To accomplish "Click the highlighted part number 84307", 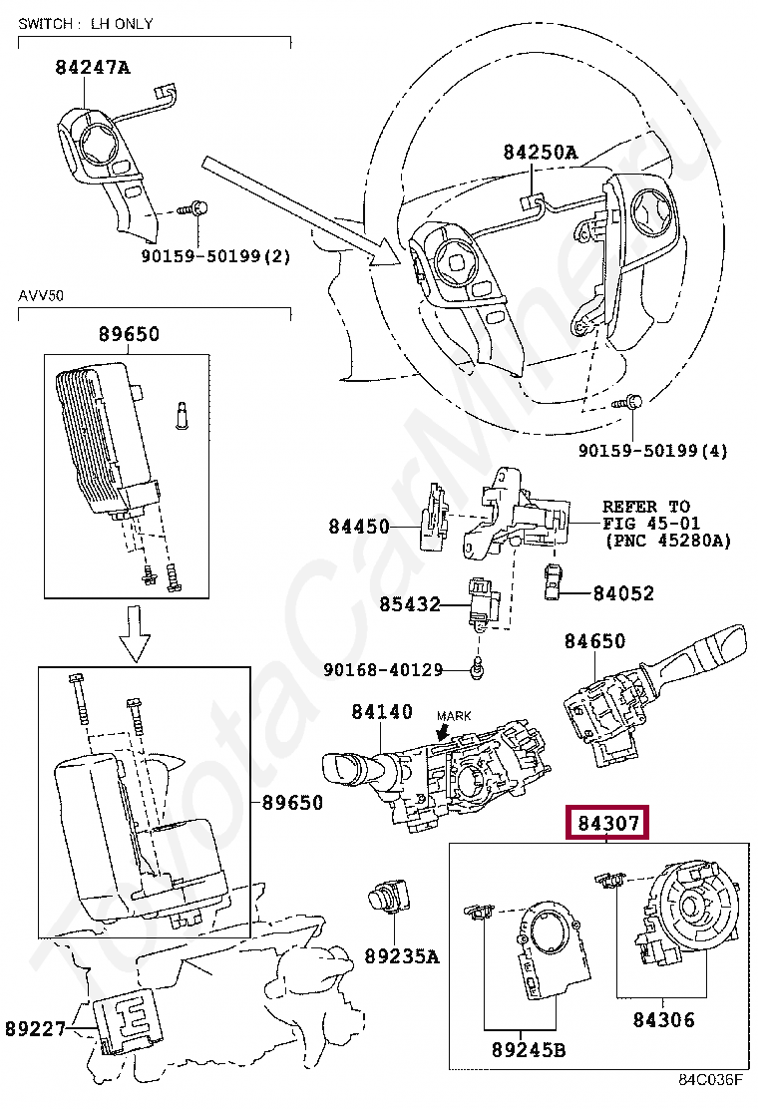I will click(x=608, y=824).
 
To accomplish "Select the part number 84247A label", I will click(x=93, y=68).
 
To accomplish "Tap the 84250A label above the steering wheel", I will click(x=540, y=152).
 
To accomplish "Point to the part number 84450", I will click(x=359, y=526).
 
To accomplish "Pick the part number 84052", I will click(x=623, y=593).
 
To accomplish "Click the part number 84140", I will click(x=381, y=712).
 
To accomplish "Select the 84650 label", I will click(x=594, y=641).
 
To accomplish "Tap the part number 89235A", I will click(x=402, y=956).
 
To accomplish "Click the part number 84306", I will click(x=663, y=1019).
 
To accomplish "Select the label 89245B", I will click(x=529, y=1049).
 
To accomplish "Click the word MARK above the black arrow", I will click(x=454, y=716).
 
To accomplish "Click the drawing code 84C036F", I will click(x=711, y=1079).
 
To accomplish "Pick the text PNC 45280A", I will click(x=667, y=541).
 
